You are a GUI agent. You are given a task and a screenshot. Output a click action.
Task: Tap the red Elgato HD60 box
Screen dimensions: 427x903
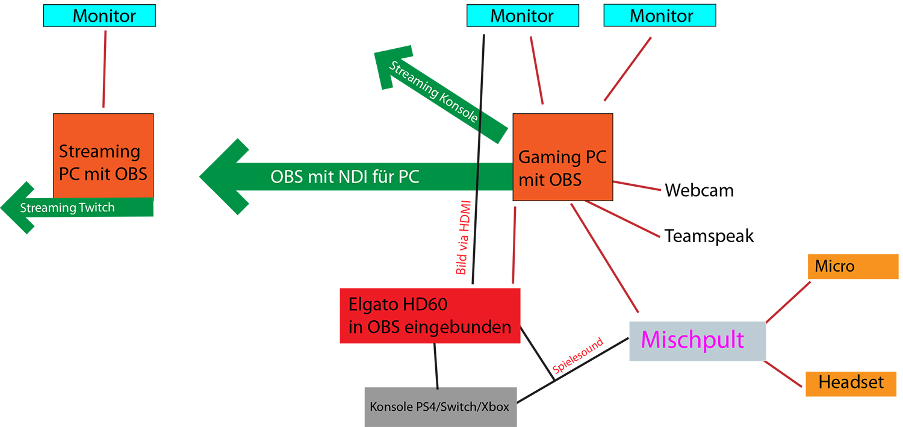tap(430, 316)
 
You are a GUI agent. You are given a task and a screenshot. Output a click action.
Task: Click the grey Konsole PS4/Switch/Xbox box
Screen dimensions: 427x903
tap(440, 407)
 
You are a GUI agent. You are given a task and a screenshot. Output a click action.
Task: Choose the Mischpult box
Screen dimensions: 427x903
tap(697, 341)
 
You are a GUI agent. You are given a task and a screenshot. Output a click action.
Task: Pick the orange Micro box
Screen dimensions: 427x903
tap(852, 266)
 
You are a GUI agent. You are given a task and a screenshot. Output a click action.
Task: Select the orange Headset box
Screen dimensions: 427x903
tap(851, 382)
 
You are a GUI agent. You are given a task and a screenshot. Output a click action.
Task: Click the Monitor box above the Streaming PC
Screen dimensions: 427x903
tap(99, 16)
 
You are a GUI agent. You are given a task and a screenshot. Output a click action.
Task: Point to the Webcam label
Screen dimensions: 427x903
tap(699, 191)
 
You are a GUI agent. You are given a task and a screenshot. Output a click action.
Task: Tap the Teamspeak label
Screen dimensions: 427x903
tap(709, 235)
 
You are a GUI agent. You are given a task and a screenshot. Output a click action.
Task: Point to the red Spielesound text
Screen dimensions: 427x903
tap(577, 357)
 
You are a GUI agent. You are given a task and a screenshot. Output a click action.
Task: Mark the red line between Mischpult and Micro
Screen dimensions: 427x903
tap(788, 302)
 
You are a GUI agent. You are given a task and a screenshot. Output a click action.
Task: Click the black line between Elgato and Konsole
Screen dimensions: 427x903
tap(435, 365)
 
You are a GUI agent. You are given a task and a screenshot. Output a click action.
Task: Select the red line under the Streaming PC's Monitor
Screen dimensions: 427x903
tap(105, 69)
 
